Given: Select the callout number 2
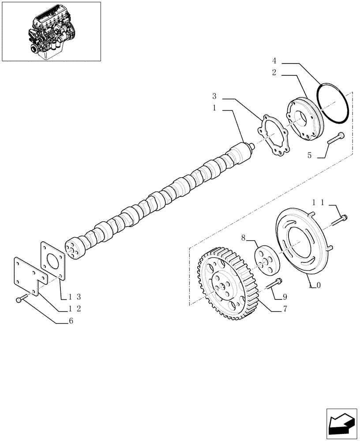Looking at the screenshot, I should point(274,73).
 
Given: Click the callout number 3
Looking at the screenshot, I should point(214,96).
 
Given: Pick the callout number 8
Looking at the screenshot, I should point(243,239).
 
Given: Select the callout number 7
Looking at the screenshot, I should point(285,309).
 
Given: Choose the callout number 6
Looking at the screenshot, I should point(71,321).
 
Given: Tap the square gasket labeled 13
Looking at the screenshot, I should point(53,263).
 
